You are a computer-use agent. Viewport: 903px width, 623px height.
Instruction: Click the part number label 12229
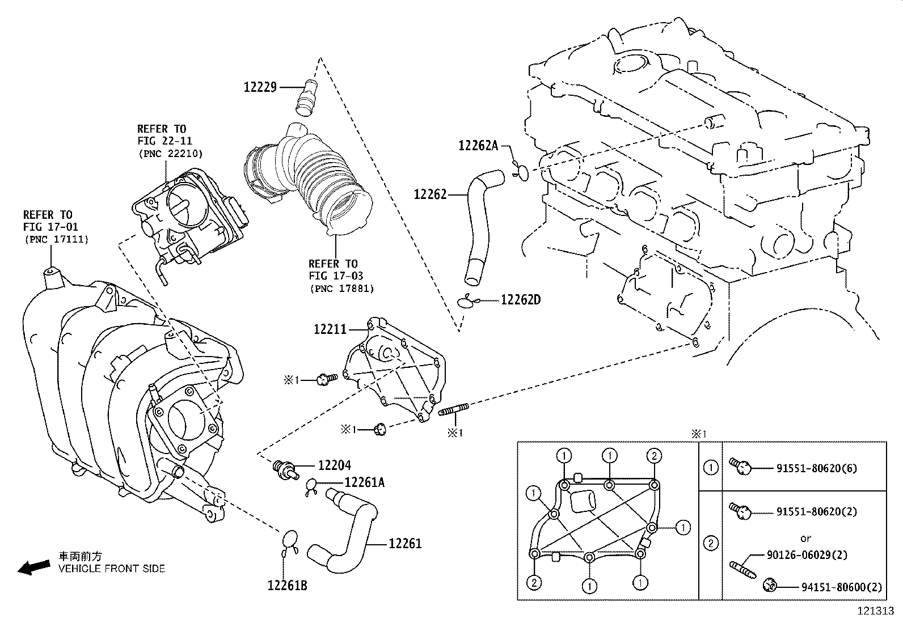(260, 87)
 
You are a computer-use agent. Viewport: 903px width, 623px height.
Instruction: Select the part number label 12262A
(478, 146)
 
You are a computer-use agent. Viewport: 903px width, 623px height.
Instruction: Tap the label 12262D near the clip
(520, 300)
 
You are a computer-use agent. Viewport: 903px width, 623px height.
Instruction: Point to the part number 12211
(330, 329)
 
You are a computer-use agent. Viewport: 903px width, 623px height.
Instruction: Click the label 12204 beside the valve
(334, 465)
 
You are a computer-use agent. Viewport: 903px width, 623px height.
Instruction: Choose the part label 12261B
(287, 586)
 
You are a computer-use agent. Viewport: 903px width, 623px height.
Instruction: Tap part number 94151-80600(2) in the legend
(842, 588)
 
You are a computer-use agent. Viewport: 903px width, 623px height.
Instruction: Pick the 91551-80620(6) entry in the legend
(816, 468)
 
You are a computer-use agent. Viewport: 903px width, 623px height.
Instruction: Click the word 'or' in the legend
(805, 538)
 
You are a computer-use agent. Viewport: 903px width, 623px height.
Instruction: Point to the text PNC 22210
(170, 154)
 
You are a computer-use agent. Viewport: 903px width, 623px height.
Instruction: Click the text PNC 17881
(342, 289)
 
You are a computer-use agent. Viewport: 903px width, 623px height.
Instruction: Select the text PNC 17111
(56, 239)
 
